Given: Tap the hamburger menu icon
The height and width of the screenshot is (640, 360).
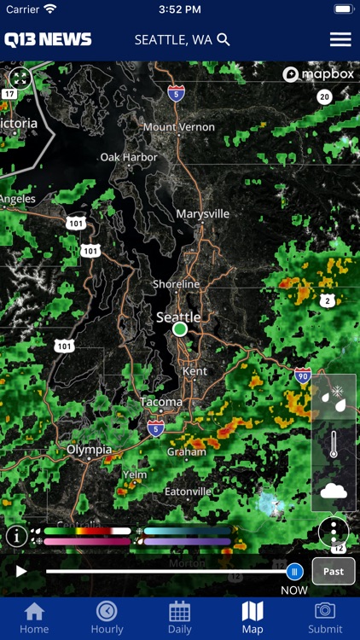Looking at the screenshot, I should click(x=340, y=39).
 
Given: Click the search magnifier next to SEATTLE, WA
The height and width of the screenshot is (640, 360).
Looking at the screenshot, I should click(x=224, y=39).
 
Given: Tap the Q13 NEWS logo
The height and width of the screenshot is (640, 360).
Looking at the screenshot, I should click(x=48, y=39).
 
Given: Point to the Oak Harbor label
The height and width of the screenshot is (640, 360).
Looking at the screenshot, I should click(x=129, y=157).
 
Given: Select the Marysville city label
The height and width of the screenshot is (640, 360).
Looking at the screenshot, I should click(x=203, y=213).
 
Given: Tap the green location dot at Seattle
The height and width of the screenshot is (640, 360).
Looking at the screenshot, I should click(x=179, y=329).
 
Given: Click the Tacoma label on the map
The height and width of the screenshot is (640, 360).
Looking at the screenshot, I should click(x=161, y=401).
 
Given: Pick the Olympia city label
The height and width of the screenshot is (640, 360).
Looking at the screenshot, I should click(x=90, y=449).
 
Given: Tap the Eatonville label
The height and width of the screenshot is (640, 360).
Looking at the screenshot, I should click(x=188, y=492).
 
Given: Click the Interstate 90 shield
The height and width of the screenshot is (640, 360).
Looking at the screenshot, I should click(x=303, y=375).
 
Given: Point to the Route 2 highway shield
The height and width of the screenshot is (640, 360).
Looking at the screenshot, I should click(x=327, y=300).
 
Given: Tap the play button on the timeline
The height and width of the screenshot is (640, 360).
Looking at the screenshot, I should click(x=21, y=571).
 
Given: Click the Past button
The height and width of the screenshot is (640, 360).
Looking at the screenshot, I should click(x=334, y=571).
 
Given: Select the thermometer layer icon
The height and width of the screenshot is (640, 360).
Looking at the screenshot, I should click(x=334, y=445).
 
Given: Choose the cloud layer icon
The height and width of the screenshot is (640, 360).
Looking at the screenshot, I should click(x=334, y=490).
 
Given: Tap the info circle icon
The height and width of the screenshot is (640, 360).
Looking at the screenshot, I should click(x=16, y=536).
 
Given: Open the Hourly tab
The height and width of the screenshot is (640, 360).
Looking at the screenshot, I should click(x=107, y=617).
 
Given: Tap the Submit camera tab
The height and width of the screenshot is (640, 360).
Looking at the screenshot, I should click(x=325, y=617).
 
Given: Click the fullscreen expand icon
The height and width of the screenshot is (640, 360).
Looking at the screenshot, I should click(x=20, y=79).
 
